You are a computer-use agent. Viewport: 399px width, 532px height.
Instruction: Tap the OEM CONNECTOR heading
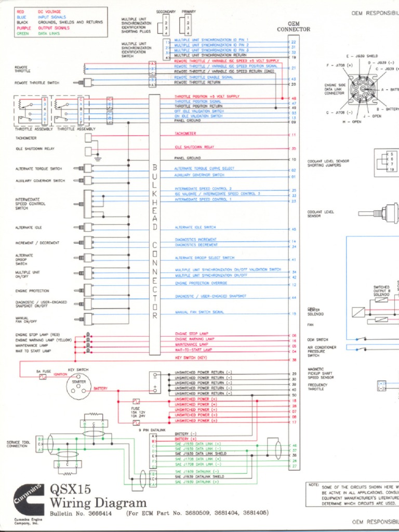(x=294, y=26)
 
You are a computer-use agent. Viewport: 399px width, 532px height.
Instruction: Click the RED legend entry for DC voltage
(x=20, y=11)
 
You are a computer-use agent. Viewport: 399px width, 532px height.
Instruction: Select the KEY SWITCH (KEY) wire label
(x=191, y=358)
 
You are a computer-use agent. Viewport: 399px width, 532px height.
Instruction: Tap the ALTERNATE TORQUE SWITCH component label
(x=38, y=168)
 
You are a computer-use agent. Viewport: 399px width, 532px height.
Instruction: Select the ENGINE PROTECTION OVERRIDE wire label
(x=203, y=284)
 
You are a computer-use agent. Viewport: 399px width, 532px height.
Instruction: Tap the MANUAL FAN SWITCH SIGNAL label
(x=199, y=312)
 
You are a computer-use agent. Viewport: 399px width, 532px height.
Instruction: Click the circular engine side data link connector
(x=362, y=89)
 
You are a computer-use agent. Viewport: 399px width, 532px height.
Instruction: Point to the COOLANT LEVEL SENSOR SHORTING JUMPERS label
(x=328, y=163)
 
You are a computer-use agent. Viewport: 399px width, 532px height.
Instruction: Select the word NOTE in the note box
(x=313, y=485)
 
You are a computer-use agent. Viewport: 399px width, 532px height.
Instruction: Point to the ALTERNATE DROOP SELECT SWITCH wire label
(x=204, y=258)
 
